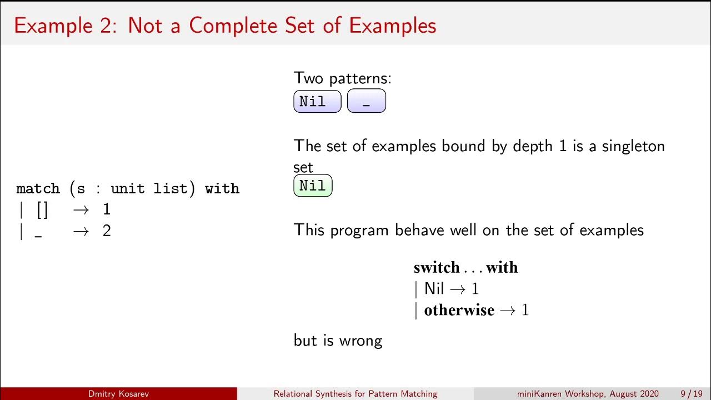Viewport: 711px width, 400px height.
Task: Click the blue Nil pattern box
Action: (317, 102)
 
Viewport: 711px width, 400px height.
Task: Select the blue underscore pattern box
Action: (366, 102)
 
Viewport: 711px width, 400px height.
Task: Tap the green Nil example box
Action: (313, 186)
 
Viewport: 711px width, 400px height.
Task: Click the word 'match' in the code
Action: (38, 189)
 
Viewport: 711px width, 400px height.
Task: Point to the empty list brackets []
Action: (42, 210)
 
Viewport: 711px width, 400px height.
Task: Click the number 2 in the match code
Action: (107, 231)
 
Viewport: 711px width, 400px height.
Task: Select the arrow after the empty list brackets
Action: (81, 210)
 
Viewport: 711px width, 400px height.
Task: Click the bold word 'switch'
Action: (437, 268)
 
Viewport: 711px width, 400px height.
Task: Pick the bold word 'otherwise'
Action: (459, 310)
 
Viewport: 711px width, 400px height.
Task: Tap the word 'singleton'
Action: (633, 146)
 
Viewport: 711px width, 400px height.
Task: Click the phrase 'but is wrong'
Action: (338, 340)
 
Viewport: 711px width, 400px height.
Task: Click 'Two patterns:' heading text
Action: (342, 78)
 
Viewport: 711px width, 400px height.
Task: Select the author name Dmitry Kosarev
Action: (118, 394)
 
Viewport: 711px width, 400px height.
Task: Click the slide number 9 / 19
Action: (691, 394)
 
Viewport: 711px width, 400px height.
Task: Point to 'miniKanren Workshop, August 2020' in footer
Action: (588, 394)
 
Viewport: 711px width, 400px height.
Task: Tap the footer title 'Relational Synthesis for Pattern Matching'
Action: (355, 394)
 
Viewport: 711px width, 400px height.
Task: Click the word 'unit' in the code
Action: (127, 189)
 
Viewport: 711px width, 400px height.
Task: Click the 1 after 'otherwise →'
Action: (525, 310)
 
